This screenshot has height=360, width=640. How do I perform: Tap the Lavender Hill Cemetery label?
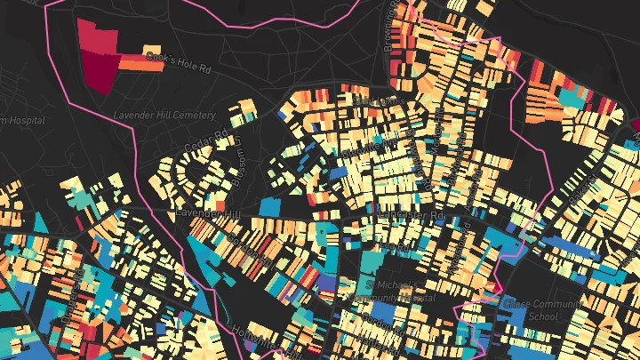(x=164, y=116)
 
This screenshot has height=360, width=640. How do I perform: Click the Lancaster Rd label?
(x=410, y=215)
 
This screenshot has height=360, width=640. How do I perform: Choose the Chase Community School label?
(x=544, y=309)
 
